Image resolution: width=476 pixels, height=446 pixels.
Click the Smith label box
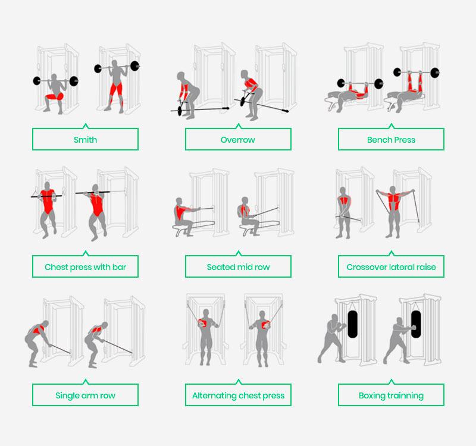[x=85, y=139]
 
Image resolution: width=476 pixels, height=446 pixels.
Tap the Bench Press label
[x=391, y=139]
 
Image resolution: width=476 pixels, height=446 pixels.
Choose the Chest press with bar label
[x=85, y=266]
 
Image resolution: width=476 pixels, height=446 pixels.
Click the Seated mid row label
[x=239, y=266]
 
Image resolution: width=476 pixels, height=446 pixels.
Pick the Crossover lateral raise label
[x=391, y=266]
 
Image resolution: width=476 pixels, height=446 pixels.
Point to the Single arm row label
[x=85, y=395]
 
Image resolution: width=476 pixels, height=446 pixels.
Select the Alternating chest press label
[x=239, y=395]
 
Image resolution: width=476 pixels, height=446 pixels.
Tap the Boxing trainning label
[x=391, y=395]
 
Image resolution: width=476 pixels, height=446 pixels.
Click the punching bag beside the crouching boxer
[x=352, y=324]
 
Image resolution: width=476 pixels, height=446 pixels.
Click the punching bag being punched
[x=416, y=324]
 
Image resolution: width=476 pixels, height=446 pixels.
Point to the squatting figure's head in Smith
[x=54, y=77]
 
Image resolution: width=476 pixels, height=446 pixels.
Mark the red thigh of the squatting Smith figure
[x=55, y=96]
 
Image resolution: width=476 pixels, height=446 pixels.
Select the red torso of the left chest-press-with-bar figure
[x=48, y=201]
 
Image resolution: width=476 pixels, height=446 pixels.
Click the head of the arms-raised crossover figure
[x=393, y=190]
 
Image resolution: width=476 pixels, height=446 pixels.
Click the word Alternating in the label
[x=214, y=395]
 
